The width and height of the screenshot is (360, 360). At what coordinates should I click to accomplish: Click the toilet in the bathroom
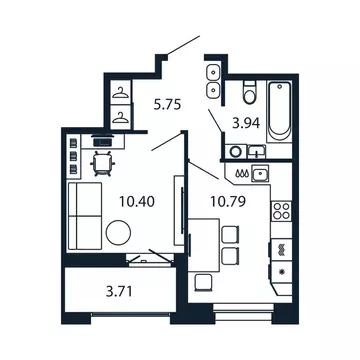click(248, 95)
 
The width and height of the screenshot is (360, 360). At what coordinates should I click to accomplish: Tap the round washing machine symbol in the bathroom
click(235, 151)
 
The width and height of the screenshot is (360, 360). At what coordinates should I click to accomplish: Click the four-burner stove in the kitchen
click(281, 212)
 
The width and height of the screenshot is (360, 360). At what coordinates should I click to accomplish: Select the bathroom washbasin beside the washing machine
click(256, 151)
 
